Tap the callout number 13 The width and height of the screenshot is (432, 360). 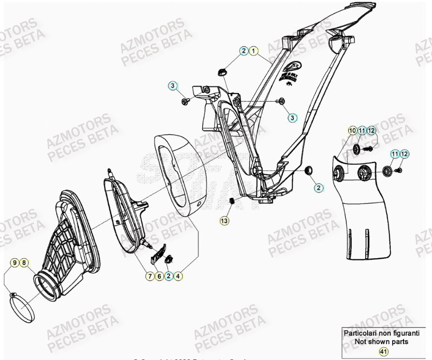[x=223, y=220]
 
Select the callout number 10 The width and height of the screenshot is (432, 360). [x=352, y=130]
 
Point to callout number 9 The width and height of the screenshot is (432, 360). [x=15, y=263]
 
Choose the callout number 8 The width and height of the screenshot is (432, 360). [x=25, y=263]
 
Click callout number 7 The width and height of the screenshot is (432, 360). [x=150, y=276]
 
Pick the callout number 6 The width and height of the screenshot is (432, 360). [x=159, y=276]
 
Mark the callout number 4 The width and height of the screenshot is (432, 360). [x=178, y=276]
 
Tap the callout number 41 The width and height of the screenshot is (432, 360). [x=383, y=351]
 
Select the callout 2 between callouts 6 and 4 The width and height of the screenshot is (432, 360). [x=169, y=276]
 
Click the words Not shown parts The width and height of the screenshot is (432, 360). [x=382, y=342]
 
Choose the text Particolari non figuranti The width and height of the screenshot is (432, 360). [x=382, y=333]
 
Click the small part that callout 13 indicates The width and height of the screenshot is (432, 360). [x=232, y=201]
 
